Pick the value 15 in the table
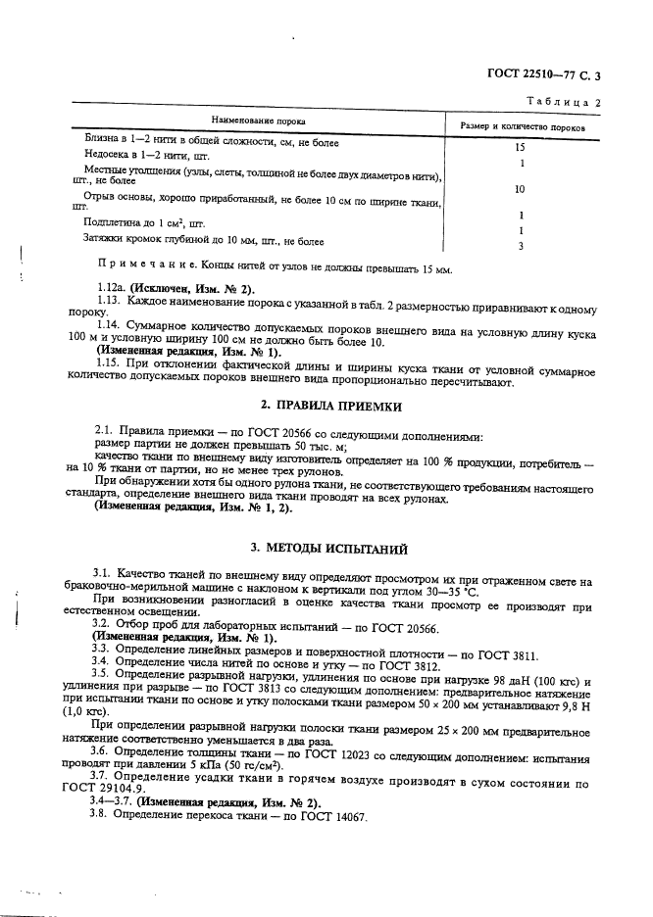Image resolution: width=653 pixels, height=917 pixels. point(522,147)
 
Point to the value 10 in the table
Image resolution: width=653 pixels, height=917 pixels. point(521,188)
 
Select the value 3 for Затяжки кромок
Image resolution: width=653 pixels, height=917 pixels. point(521,246)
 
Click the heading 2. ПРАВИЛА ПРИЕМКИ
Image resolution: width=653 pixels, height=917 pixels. point(326,406)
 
